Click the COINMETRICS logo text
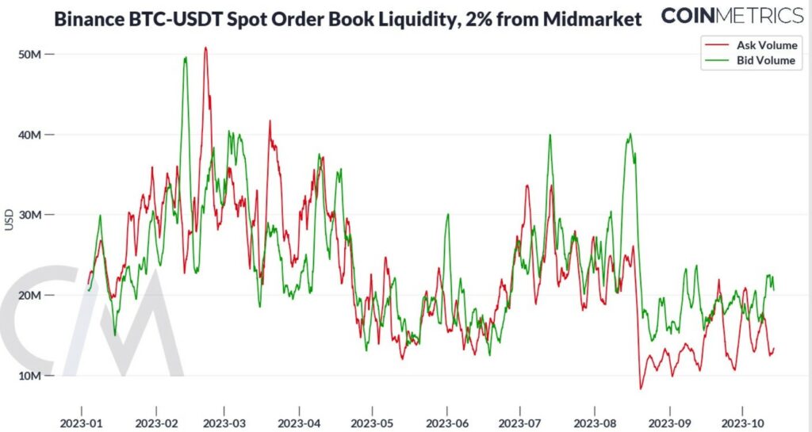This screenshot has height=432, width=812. coord(732,15)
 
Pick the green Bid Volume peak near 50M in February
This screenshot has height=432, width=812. coord(186,57)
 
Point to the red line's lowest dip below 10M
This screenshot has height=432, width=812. coord(641,388)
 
